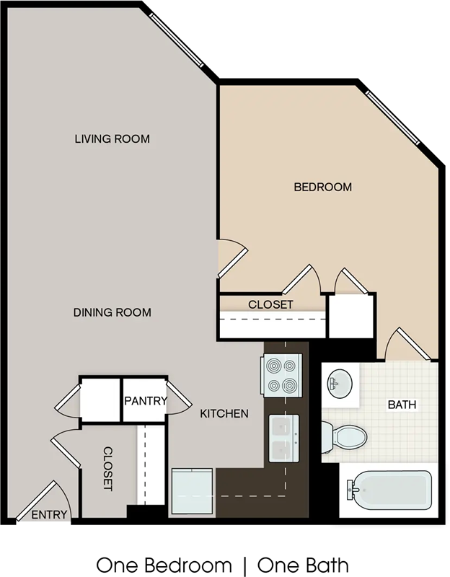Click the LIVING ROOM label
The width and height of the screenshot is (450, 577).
click(112, 138)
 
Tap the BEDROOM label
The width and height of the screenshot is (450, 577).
click(322, 187)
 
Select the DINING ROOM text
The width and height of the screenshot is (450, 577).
click(112, 312)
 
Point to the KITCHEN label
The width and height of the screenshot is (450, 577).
click(224, 413)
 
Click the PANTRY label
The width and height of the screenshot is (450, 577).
click(146, 401)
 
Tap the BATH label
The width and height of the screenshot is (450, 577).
click(402, 405)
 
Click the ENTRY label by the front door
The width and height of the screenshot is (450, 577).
click(49, 514)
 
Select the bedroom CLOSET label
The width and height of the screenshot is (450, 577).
click(270, 304)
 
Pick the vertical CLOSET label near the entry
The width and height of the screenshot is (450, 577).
click(107, 468)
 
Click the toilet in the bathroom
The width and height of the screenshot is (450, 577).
click(345, 438)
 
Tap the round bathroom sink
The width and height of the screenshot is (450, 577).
click(340, 384)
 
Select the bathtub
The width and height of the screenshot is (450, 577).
click(389, 490)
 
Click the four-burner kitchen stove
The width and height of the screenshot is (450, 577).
click(282, 375)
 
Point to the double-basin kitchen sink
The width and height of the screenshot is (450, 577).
click(283, 439)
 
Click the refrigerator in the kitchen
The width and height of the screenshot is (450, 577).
click(192, 491)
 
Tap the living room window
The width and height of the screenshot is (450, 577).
click(176, 40)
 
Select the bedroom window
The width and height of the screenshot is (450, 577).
click(392, 118)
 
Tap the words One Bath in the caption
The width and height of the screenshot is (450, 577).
click(303, 565)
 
